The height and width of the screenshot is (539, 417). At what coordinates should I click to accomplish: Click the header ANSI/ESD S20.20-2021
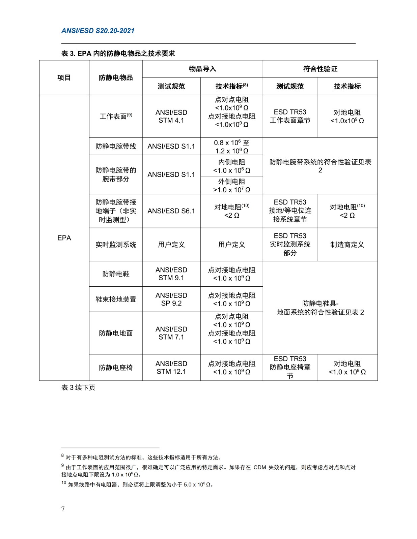98,31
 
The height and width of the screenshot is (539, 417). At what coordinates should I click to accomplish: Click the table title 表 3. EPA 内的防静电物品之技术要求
118,53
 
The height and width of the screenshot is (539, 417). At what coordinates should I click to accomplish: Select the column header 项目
64,77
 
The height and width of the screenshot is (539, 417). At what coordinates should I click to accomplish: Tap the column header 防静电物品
116,77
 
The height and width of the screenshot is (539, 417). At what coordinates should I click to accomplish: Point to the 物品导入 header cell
202,69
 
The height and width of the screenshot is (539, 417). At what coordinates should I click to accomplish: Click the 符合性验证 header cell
320,69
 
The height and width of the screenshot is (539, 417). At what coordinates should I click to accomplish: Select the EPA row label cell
64,238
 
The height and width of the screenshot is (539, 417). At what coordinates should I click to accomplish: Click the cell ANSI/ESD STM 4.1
171,116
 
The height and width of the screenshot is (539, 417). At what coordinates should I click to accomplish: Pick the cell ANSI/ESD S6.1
171,211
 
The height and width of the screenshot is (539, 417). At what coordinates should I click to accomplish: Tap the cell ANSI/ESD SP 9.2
171,299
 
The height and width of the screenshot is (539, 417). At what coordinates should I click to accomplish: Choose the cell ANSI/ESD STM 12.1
171,368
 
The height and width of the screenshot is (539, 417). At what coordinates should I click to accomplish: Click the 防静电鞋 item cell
116,274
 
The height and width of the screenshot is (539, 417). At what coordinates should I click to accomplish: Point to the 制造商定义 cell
347,245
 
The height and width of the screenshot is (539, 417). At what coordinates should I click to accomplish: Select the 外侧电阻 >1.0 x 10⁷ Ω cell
231,186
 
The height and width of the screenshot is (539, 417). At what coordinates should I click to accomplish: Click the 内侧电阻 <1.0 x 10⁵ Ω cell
231,166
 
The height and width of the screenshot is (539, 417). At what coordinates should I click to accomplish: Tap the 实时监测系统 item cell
116,245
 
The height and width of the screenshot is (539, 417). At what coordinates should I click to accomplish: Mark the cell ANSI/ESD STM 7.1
171,333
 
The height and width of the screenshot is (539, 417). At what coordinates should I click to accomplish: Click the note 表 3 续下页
78,387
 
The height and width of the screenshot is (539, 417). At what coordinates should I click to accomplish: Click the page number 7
63,509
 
